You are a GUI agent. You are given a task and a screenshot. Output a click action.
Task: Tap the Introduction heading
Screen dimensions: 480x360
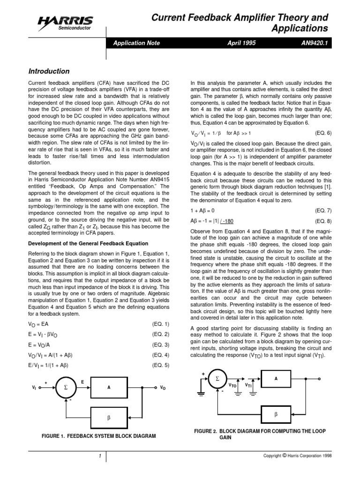[49, 71]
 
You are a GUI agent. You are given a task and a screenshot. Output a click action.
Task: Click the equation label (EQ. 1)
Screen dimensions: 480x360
[161, 324]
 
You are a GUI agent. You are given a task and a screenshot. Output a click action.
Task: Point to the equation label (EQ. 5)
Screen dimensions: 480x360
[161, 365]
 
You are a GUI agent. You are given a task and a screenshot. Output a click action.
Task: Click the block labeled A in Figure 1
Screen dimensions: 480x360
[109, 388]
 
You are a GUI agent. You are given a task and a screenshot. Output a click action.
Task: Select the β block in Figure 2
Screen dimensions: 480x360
[276, 415]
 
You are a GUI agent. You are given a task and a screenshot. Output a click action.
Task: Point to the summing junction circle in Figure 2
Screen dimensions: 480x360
[217, 378]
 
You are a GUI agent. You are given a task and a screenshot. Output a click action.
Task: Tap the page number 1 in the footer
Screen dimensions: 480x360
[100, 457]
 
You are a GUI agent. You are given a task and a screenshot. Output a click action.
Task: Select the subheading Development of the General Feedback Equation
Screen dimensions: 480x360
[89, 243]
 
